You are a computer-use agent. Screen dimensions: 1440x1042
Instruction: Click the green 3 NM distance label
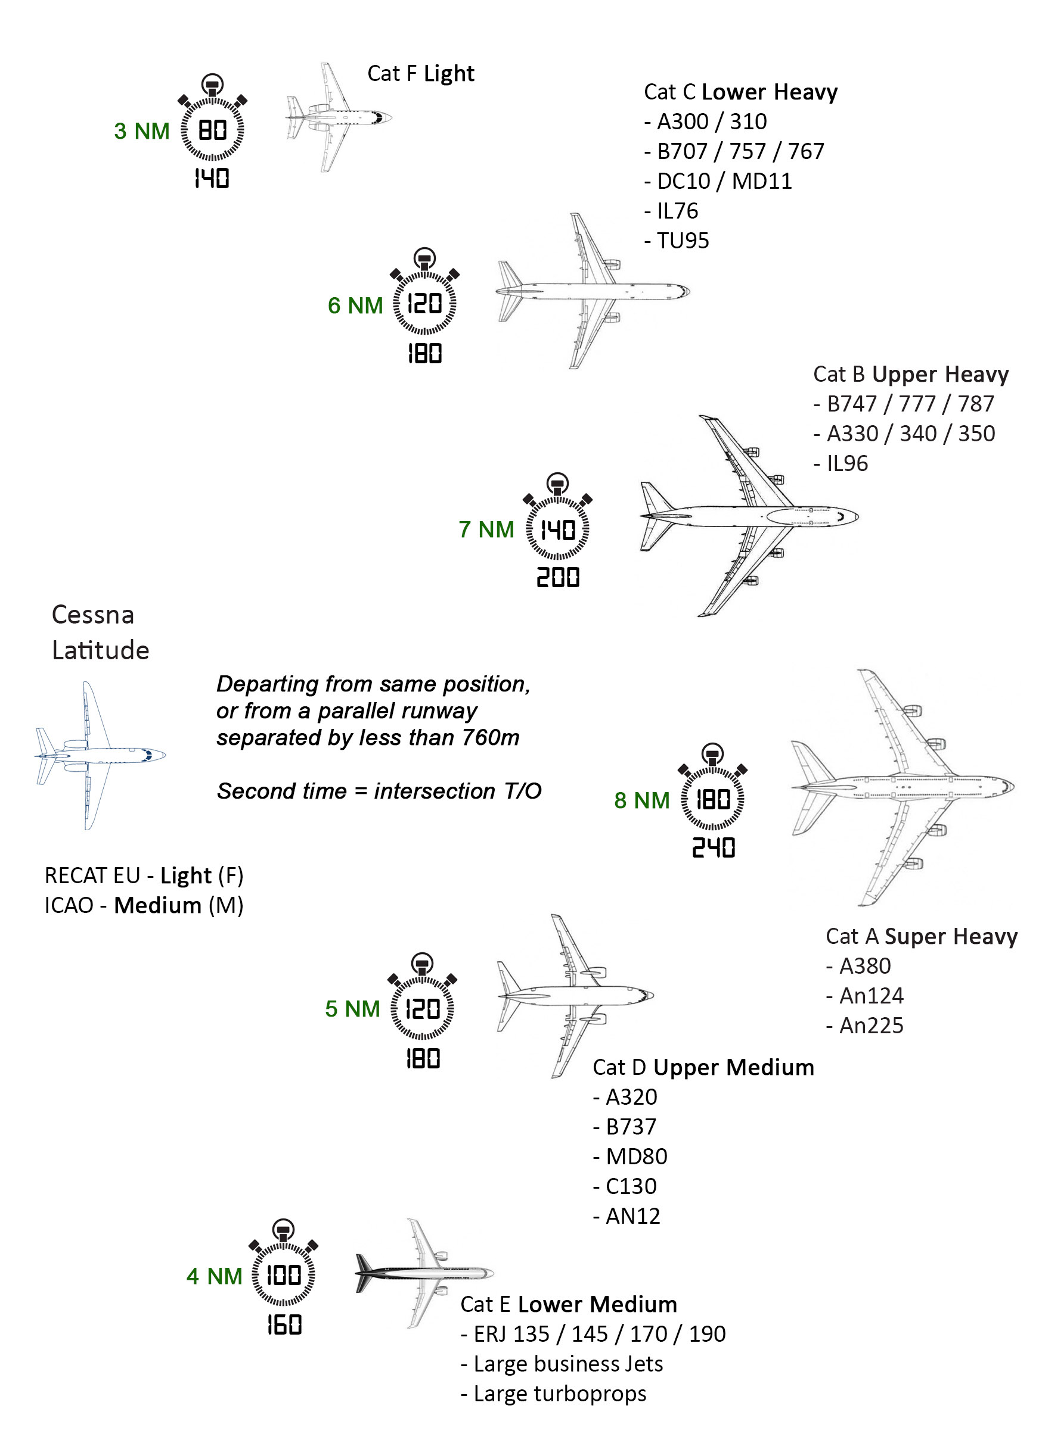coord(142,131)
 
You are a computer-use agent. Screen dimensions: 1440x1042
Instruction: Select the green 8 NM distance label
coord(642,800)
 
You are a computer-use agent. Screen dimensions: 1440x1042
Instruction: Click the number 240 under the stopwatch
coord(713,847)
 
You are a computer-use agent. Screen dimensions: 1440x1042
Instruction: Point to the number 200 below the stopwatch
coord(558,578)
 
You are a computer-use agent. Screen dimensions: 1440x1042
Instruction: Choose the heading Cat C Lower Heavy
coord(740,92)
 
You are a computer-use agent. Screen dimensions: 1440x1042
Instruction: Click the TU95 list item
coord(677,241)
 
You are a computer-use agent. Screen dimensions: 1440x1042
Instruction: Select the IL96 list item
coord(841,463)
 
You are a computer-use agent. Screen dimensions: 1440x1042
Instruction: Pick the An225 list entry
coord(866,1026)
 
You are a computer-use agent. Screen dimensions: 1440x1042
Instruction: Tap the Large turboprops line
coord(554,1394)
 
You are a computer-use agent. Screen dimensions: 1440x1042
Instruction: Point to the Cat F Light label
coord(421,74)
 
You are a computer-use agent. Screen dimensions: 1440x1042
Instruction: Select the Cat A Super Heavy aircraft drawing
coord(903,787)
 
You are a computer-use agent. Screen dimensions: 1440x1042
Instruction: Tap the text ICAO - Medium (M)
coord(144,905)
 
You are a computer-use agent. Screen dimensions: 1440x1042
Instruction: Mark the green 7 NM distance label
coord(486,529)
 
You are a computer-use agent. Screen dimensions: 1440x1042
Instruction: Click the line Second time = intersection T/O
coord(379,791)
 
